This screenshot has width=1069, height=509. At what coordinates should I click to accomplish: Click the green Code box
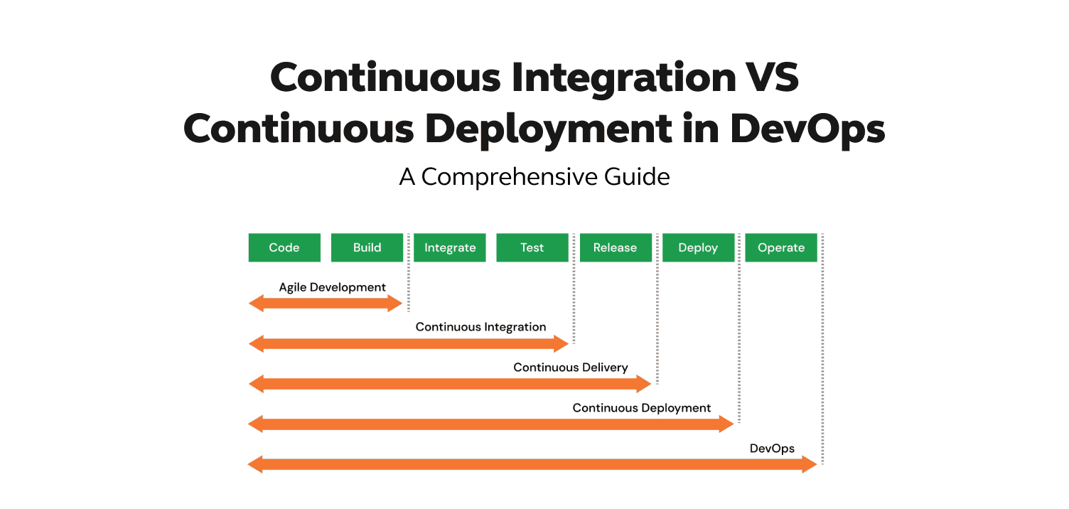(x=284, y=247)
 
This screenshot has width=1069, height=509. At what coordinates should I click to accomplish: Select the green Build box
(x=367, y=247)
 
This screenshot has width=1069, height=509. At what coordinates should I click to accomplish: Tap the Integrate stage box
(x=450, y=247)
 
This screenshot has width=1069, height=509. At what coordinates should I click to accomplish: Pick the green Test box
(x=532, y=247)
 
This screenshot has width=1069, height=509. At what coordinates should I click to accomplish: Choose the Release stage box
(x=616, y=247)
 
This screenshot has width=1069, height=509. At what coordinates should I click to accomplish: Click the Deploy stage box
(x=698, y=247)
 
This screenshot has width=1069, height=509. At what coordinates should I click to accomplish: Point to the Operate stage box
(x=781, y=247)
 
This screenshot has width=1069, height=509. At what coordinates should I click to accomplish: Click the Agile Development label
(x=332, y=287)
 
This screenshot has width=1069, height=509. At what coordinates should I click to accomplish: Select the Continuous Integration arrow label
(x=480, y=327)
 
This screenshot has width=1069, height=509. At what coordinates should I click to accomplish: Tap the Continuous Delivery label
(x=571, y=368)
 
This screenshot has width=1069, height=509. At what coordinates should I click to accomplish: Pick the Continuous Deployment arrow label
(x=642, y=408)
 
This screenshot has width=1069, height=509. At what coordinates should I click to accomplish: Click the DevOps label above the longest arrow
(x=772, y=449)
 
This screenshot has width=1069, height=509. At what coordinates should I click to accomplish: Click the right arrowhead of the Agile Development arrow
(x=395, y=304)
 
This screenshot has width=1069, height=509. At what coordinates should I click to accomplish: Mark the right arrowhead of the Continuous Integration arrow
(x=562, y=344)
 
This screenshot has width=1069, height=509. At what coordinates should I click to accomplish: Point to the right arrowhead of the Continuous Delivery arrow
(x=645, y=385)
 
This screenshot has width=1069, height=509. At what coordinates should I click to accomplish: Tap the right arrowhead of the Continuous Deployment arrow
(x=726, y=424)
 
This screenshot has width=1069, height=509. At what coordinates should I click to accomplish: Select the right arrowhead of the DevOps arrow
(x=810, y=465)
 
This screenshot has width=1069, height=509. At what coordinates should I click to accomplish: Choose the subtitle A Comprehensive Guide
(x=534, y=176)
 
